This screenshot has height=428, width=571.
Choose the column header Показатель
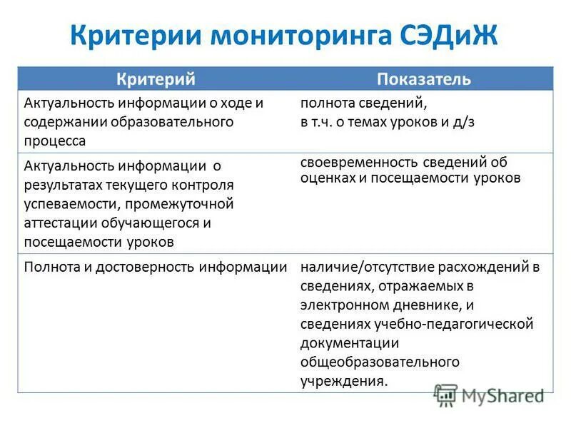(424, 79)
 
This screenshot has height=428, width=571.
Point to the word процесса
(55, 141)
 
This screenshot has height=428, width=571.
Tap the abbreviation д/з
(462, 122)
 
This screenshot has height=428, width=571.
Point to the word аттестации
(61, 222)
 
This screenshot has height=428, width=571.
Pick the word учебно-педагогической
(453, 324)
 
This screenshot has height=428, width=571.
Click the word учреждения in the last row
(343, 380)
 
